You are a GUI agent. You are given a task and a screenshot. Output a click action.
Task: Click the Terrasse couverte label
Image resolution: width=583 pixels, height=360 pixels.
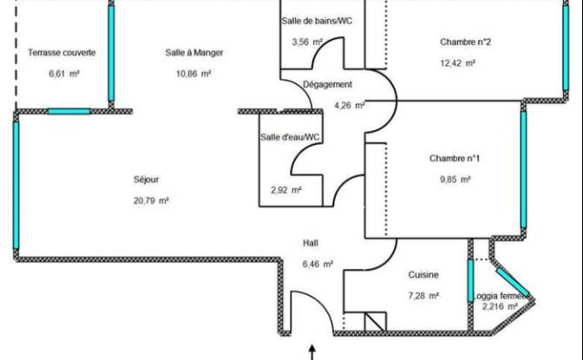(x=62, y=52)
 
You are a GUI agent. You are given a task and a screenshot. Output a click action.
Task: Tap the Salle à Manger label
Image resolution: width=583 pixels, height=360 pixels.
(x=194, y=52)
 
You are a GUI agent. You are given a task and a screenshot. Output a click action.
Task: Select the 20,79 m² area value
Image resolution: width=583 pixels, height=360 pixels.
(x=151, y=201)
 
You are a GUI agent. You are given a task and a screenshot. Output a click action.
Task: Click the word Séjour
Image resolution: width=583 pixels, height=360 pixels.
(x=146, y=180)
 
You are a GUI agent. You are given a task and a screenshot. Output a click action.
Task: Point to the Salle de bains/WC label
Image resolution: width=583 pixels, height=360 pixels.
(x=317, y=21)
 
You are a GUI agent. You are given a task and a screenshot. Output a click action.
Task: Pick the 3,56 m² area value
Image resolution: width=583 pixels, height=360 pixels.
(x=307, y=42)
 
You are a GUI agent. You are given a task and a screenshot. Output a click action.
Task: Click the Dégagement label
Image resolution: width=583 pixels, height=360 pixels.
(x=327, y=84)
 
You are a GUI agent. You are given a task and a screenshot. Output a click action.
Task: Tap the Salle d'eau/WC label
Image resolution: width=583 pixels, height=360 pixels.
(x=290, y=137)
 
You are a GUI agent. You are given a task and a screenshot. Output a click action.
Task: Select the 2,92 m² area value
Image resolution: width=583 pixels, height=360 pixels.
(x=286, y=191)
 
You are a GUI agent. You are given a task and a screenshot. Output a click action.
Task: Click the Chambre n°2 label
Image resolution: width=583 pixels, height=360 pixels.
(x=465, y=42)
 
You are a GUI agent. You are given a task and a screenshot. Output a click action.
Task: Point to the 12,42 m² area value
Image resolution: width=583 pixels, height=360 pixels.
(x=458, y=63)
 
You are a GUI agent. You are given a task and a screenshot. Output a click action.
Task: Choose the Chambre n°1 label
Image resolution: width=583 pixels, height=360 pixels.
(x=455, y=159)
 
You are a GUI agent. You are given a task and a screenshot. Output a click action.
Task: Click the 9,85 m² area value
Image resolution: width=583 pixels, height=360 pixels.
(x=455, y=180)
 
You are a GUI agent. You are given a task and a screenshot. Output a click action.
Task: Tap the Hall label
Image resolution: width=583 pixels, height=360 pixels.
(x=311, y=243)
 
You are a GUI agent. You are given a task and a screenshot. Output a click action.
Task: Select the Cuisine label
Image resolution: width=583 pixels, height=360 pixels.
(x=423, y=275)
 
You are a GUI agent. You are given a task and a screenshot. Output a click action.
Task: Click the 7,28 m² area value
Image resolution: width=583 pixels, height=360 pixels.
(x=423, y=296)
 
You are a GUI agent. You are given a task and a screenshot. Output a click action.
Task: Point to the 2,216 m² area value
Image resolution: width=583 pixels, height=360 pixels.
(x=500, y=306)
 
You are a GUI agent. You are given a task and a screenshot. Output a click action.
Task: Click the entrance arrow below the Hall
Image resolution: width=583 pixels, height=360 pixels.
(x=312, y=352)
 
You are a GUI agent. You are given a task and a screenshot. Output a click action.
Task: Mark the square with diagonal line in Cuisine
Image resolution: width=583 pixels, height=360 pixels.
(x=375, y=322)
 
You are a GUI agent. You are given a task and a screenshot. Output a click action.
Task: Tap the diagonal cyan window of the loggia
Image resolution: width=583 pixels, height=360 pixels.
(x=513, y=282)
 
